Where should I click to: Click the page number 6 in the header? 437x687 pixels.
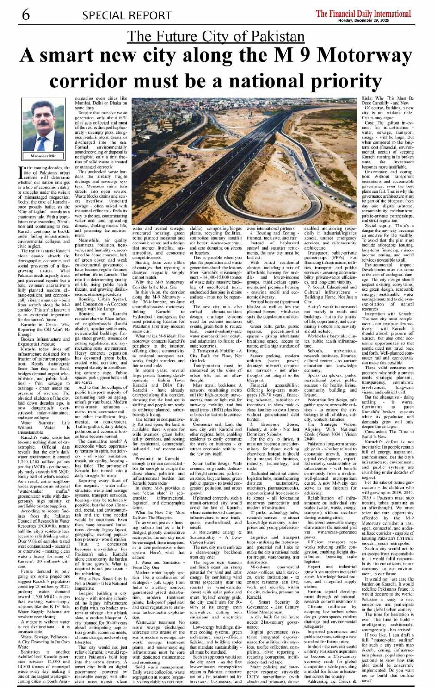pos(25,15)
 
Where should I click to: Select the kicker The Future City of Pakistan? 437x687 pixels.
pos(216,36)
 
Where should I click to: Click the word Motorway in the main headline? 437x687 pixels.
pos(365,56)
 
